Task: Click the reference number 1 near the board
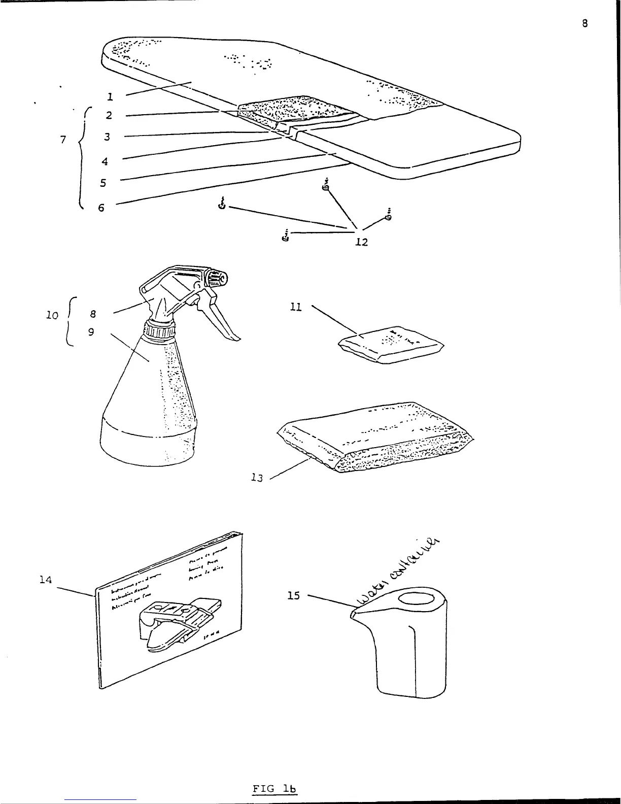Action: [x=110, y=96]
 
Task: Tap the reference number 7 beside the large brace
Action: [x=63, y=140]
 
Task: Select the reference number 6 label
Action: [x=101, y=208]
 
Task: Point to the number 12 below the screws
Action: [x=361, y=242]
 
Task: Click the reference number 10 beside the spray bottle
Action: [x=52, y=315]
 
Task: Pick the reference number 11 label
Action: [x=296, y=307]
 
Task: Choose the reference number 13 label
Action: [x=257, y=478]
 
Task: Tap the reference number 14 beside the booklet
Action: [x=46, y=579]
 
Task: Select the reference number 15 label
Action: [x=294, y=595]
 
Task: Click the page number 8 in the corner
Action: [x=585, y=23]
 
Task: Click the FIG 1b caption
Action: [x=274, y=788]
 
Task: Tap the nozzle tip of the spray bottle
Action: [x=222, y=279]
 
